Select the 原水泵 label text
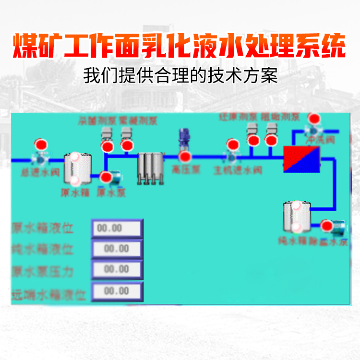(x=111, y=192)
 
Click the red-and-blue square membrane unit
(x=301, y=159)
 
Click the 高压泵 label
(x=186, y=169)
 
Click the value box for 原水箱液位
(x=117, y=228)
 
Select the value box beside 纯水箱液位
(x=117, y=249)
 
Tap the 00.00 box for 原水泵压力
(x=117, y=269)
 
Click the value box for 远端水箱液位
(x=117, y=291)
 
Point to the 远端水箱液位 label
(x=48, y=294)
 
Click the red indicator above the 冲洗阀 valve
(x=314, y=119)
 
